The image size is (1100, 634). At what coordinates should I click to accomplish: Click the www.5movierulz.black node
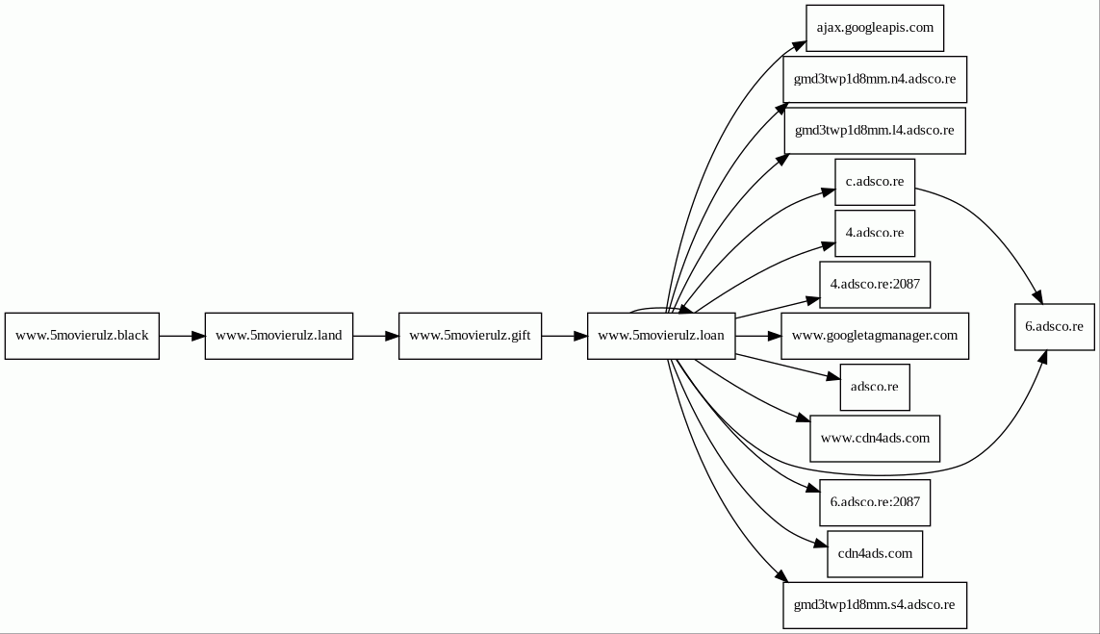point(82,336)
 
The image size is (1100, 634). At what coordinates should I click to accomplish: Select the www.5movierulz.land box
point(279,336)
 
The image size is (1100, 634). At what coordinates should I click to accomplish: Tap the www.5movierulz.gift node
point(470,336)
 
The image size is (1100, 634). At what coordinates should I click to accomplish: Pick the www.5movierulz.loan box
point(661,336)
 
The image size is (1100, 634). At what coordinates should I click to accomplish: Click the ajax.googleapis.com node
point(875,28)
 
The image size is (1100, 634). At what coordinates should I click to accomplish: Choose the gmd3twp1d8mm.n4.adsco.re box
point(875,79)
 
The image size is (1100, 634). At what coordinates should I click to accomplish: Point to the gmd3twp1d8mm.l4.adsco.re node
point(875,130)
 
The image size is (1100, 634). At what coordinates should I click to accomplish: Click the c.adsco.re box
point(875,182)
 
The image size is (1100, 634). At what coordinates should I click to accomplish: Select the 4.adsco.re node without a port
point(875,233)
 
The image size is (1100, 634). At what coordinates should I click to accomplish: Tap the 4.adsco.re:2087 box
point(875,285)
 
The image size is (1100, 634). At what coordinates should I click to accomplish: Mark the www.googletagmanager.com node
point(875,336)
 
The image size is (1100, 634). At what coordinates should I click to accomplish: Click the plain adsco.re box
point(875,387)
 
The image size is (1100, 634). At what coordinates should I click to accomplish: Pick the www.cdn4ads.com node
point(875,439)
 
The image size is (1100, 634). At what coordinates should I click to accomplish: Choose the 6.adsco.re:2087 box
point(875,502)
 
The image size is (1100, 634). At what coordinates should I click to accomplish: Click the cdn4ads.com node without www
point(875,554)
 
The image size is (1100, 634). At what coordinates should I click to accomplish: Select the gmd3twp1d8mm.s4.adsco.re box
point(875,605)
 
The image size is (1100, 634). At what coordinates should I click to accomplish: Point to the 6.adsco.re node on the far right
point(1054,327)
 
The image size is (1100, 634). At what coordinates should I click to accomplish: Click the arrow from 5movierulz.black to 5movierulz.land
point(182,336)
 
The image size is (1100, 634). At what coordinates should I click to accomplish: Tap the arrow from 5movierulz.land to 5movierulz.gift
point(375,336)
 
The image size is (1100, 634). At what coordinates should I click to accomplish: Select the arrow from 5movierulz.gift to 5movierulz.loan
point(564,336)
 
